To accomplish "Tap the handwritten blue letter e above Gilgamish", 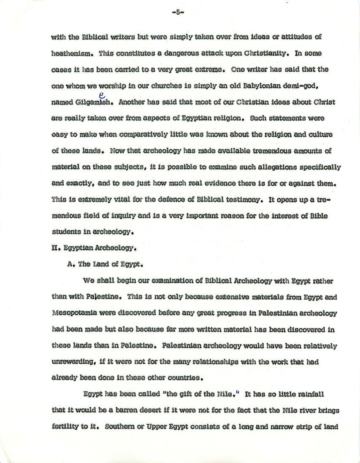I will (102, 96).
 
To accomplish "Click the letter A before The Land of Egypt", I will (70, 266).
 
